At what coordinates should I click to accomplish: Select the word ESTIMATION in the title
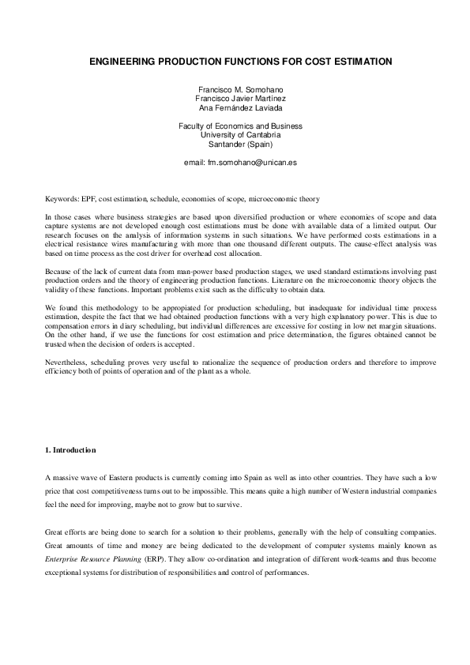click(352, 60)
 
